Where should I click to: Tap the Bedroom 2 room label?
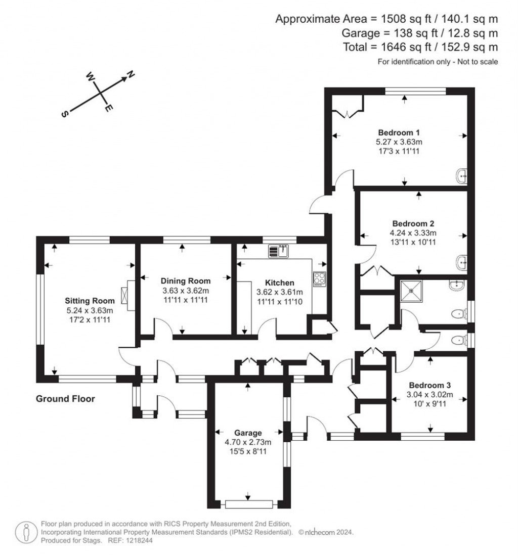(x=413, y=223)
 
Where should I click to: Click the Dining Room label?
(x=186, y=281)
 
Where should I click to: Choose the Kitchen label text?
(x=280, y=283)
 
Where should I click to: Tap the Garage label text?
(x=248, y=433)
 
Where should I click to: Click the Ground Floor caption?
(x=65, y=399)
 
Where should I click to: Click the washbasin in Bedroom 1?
(x=461, y=176)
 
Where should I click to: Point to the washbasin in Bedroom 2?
(x=461, y=262)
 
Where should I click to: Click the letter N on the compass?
(x=131, y=75)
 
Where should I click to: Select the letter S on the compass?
(x=64, y=114)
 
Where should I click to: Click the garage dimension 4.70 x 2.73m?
(x=248, y=442)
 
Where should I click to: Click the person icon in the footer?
(x=25, y=532)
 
